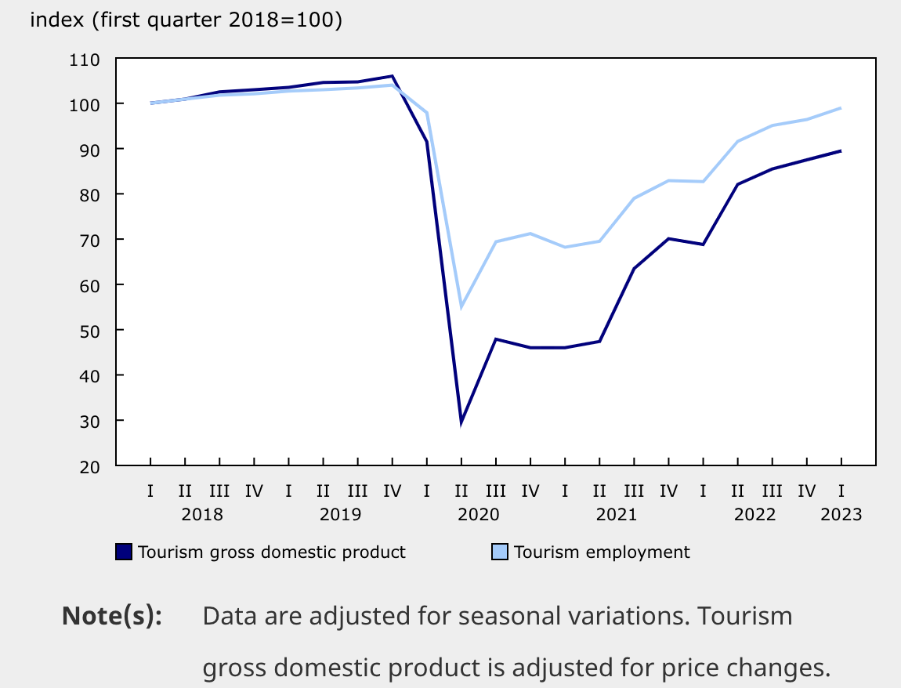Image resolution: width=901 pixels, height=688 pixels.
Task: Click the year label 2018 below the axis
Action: click(x=202, y=515)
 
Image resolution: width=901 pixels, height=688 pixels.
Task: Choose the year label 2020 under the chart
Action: click(x=478, y=515)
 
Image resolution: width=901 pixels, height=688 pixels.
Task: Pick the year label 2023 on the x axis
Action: click(x=841, y=515)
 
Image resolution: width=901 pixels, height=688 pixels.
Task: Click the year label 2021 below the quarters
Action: click(x=617, y=515)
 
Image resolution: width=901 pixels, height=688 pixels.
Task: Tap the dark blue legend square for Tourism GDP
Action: click(x=125, y=552)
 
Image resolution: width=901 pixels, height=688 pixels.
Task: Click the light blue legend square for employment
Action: click(x=500, y=552)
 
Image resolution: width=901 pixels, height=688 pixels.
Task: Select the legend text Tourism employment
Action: click(x=602, y=552)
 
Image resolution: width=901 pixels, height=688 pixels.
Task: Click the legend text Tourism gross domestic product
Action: click(x=272, y=552)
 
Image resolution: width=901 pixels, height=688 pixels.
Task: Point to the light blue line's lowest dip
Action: click(x=461, y=306)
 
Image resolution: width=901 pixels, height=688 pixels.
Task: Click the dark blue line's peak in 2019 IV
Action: click(x=392, y=76)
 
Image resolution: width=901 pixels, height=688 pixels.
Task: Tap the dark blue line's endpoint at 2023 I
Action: click(x=841, y=150)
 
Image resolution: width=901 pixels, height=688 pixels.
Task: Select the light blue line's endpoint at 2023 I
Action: click(x=841, y=108)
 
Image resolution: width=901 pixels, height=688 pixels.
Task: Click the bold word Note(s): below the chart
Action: click(x=112, y=616)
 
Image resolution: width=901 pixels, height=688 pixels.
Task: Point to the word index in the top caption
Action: click(x=56, y=20)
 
